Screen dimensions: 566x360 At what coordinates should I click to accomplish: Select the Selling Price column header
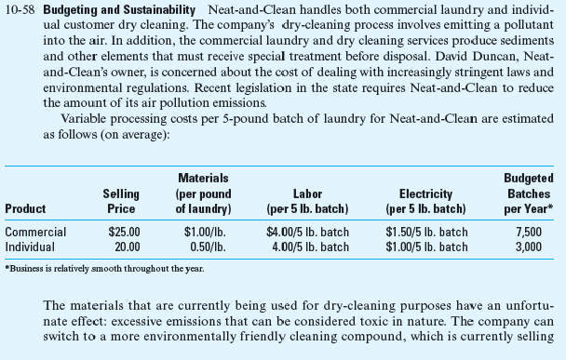point(120,200)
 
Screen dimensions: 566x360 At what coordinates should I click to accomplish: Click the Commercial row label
point(36,232)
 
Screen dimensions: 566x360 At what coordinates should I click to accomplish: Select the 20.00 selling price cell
point(127,247)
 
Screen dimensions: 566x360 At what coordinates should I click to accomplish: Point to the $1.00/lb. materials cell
point(203,232)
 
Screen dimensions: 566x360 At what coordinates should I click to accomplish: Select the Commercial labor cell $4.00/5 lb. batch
point(307,232)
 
